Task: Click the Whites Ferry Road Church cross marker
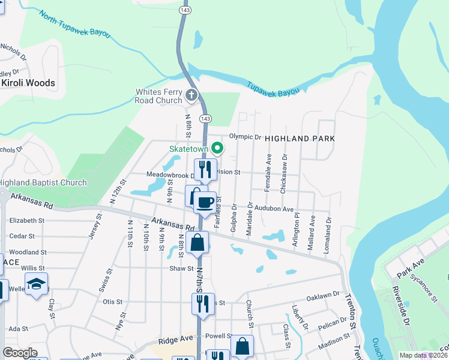click(191, 95)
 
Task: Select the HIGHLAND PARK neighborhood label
click(299, 138)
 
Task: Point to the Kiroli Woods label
click(28, 83)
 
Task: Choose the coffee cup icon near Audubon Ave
click(205, 202)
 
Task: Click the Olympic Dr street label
click(246, 137)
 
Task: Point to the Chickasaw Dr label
click(284, 174)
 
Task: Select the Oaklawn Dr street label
click(324, 296)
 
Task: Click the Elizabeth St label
click(28, 220)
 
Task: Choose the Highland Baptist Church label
click(43, 182)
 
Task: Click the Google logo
click(20, 353)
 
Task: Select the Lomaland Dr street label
click(328, 239)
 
